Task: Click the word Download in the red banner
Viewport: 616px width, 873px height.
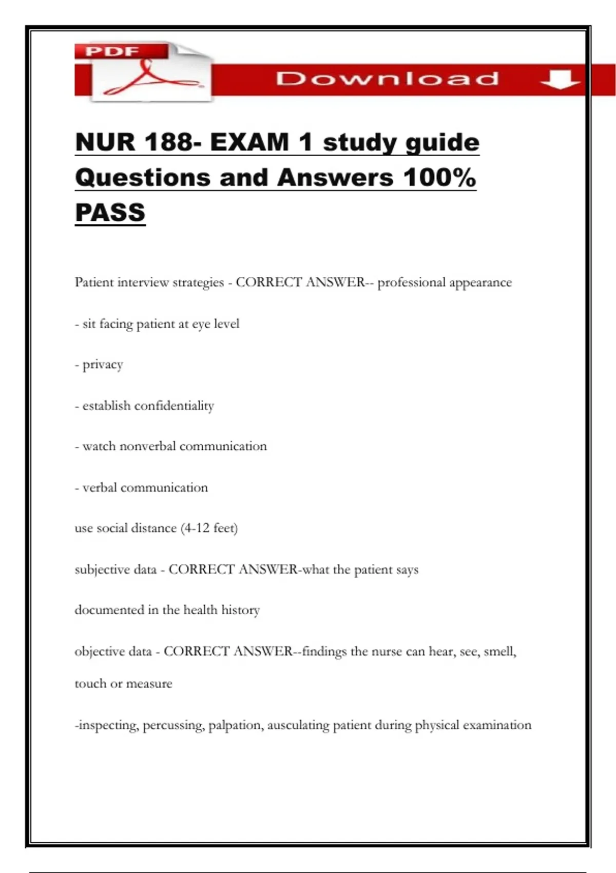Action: pos(387,79)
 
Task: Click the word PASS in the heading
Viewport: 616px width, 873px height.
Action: pos(110,213)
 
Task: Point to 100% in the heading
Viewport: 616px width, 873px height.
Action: pos(439,178)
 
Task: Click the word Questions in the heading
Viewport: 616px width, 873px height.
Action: pos(143,178)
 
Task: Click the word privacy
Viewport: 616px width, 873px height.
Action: pos(103,365)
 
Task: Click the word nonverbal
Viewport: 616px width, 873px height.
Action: pos(147,446)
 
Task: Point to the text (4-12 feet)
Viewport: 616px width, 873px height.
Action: pos(209,528)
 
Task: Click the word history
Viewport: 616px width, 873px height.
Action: pos(240,610)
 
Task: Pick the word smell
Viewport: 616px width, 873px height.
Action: pos(499,652)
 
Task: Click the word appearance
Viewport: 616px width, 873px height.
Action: pos(480,282)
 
